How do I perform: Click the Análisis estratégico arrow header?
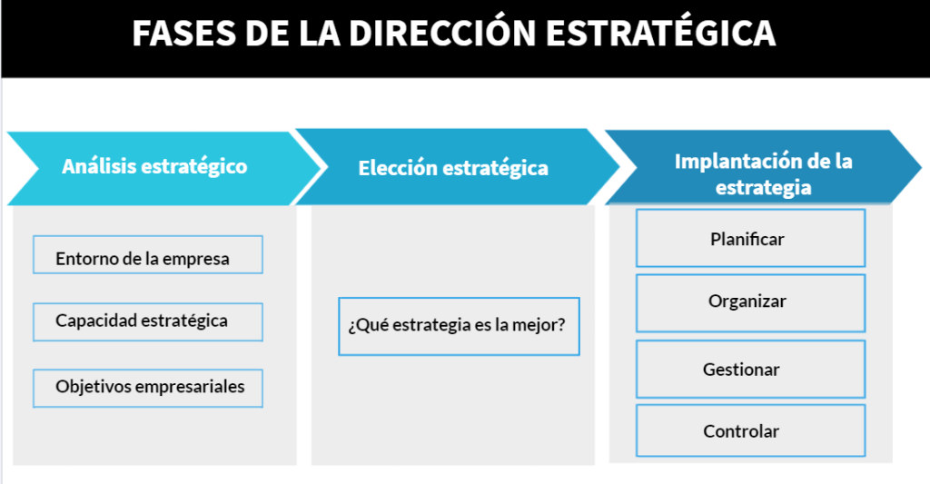(163, 169)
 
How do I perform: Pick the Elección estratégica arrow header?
(457, 167)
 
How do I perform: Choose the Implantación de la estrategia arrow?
(763, 167)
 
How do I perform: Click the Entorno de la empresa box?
(148, 255)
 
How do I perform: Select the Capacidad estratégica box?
(148, 322)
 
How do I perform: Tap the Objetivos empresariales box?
(148, 389)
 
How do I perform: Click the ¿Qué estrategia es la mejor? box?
(459, 326)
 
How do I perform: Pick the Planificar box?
(750, 238)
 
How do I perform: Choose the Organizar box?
(750, 303)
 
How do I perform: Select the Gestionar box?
(750, 369)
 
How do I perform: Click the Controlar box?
(750, 430)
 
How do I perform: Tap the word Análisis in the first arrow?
(99, 166)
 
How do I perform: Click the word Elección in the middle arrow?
(398, 168)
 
